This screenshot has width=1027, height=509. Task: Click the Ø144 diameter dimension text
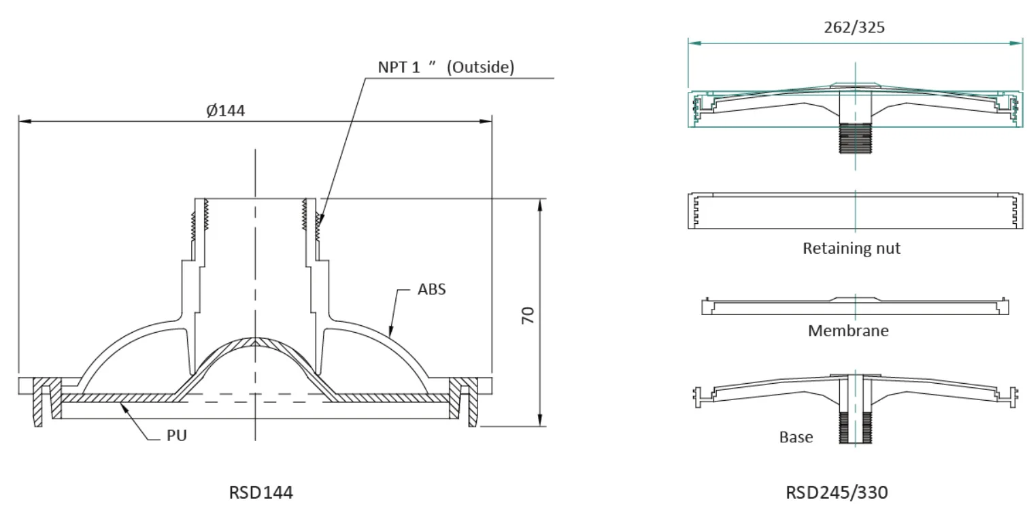click(x=226, y=111)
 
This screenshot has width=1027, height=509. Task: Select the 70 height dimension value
click(x=528, y=314)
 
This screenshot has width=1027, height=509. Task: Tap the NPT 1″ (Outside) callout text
click(x=446, y=68)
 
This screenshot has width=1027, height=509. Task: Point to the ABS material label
click(x=432, y=289)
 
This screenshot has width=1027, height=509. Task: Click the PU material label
click(x=177, y=436)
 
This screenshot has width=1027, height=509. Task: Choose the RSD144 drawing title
click(x=261, y=492)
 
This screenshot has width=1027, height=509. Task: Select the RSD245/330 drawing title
click(x=837, y=492)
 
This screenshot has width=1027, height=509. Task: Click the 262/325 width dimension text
click(x=854, y=27)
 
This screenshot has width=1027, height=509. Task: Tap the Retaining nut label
click(x=852, y=248)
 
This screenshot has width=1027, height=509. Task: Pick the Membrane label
click(x=848, y=331)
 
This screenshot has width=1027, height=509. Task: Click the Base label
click(x=796, y=437)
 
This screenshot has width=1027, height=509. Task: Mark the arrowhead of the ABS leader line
click(x=391, y=335)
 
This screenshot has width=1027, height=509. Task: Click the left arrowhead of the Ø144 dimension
click(x=22, y=122)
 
